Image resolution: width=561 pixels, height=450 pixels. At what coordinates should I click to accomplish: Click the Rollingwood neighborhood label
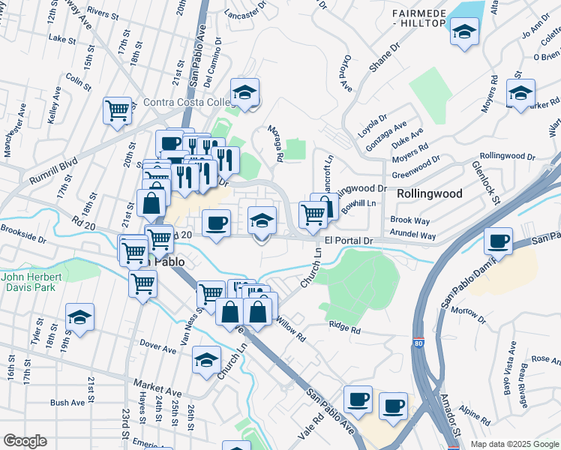[429, 193]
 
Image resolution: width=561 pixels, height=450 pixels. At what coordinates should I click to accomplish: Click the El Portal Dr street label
[349, 240]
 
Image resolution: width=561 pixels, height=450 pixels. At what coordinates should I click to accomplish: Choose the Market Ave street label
[158, 392]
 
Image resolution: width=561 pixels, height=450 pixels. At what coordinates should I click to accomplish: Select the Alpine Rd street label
[475, 413]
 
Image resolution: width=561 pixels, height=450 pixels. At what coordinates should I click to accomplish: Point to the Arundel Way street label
[413, 235]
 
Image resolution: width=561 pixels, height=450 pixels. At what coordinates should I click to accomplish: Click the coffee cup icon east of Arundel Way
[499, 241]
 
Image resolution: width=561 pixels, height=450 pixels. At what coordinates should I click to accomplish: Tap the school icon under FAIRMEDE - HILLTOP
[464, 32]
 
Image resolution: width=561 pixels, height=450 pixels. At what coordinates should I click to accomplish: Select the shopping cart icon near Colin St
[118, 112]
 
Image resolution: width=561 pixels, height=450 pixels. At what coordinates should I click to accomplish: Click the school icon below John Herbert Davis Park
[79, 317]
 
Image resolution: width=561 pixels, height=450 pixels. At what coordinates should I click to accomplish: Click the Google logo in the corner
[25, 441]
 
